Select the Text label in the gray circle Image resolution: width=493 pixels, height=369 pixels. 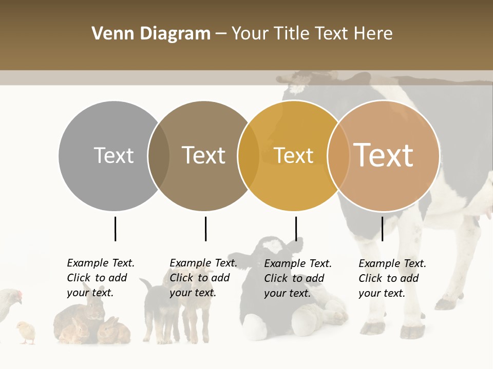click(113, 155)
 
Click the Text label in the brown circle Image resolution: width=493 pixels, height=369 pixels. click(203, 155)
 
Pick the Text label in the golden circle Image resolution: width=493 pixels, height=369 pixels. click(293, 155)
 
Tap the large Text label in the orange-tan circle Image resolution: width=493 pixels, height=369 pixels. click(384, 155)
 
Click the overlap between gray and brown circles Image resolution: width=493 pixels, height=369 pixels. click(159, 156)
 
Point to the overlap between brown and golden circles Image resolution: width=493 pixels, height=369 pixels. click(249, 156)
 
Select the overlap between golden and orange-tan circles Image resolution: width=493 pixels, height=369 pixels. click(338, 156)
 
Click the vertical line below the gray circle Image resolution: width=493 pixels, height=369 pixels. click(115, 229)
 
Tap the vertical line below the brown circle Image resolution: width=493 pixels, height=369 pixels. click(205, 229)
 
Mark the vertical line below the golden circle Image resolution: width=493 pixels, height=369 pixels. click(296, 229)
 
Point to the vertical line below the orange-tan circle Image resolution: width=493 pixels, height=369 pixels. click(382, 229)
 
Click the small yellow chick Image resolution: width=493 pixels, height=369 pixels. click(26, 332)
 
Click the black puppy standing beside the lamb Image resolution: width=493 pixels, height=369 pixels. click(154, 307)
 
